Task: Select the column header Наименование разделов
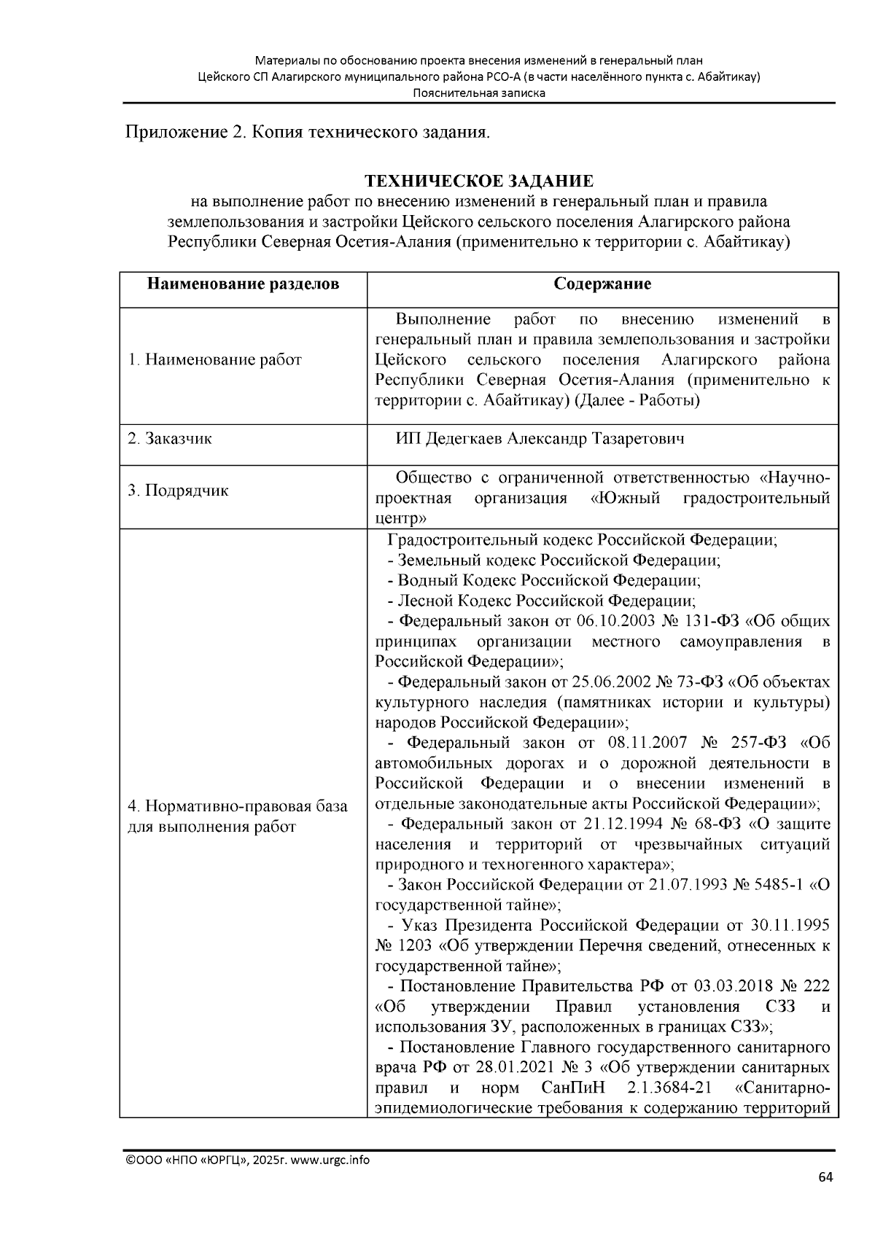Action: click(x=243, y=284)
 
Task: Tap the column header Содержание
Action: click(x=602, y=284)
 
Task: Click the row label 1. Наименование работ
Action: click(x=214, y=359)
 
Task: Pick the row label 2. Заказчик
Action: click(x=170, y=439)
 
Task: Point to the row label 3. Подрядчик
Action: click(x=178, y=490)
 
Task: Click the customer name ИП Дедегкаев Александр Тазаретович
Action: click(x=540, y=439)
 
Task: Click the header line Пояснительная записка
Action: click(x=479, y=93)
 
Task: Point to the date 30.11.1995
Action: click(x=790, y=926)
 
